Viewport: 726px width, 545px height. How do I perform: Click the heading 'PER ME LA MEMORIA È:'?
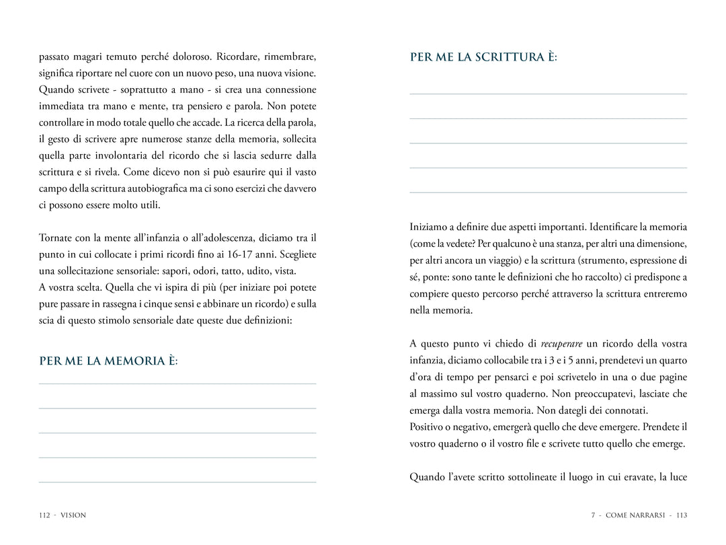click(108, 361)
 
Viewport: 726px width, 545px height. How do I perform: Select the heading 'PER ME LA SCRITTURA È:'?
click(483, 57)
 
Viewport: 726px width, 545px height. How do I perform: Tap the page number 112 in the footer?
click(45, 515)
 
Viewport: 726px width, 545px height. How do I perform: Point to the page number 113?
click(682, 515)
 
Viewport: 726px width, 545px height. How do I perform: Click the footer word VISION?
click(73, 515)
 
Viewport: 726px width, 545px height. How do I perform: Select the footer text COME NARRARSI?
click(635, 515)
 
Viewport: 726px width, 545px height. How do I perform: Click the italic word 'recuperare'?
click(561, 344)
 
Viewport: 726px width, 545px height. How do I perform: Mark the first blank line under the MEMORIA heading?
click(177, 384)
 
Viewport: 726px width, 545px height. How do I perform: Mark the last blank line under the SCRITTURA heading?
click(548, 192)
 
